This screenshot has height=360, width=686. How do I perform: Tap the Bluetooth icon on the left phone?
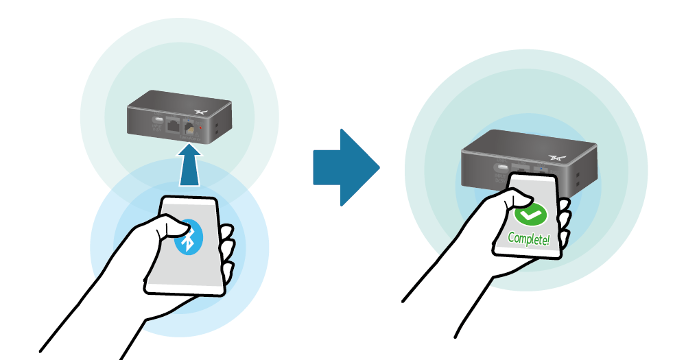click(x=188, y=238)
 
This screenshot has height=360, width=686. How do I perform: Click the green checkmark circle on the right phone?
click(x=530, y=215)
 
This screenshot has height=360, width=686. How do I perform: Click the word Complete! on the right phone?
click(x=529, y=239)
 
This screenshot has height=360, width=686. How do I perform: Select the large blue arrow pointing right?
click(x=346, y=167)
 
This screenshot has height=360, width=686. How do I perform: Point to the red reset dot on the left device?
click(x=200, y=128)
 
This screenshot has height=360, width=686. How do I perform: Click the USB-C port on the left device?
click(x=157, y=120)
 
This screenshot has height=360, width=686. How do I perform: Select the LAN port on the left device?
click(x=173, y=125)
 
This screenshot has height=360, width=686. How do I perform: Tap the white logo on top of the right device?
click(x=558, y=156)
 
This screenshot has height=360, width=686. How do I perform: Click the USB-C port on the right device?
click(x=502, y=168)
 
